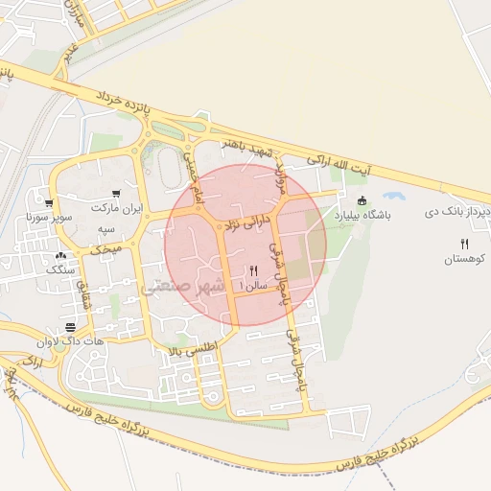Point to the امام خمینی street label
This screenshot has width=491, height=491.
tap(193, 174)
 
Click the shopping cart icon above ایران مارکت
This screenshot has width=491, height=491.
tap(116, 193)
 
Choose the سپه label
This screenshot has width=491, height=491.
tap(105, 230)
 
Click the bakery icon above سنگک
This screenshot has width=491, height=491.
tap(62, 256)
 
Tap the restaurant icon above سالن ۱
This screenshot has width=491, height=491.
tap(253, 270)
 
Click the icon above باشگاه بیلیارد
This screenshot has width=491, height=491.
tap(362, 200)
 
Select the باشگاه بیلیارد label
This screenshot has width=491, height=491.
tap(362, 217)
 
